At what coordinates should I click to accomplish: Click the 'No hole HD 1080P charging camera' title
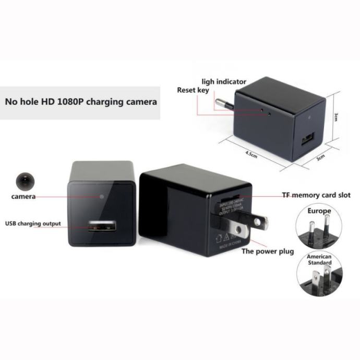[80, 102]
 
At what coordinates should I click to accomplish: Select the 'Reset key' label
[193, 90]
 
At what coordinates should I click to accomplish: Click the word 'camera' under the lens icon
[23, 197]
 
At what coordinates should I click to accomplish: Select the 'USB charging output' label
[33, 224]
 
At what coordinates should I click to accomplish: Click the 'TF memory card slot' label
[316, 195]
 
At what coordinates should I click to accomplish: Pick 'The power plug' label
[268, 251]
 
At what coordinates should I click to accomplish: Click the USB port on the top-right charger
[308, 141]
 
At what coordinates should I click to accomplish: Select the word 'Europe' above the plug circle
[319, 211]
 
